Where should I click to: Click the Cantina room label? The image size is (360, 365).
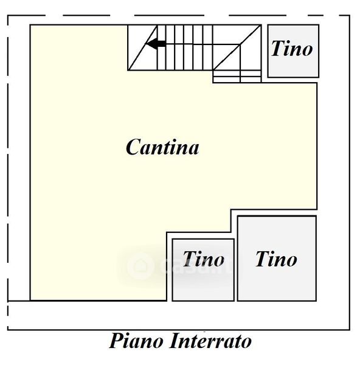pyautogui.click(x=162, y=147)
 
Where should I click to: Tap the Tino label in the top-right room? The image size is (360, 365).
pyautogui.click(x=292, y=49)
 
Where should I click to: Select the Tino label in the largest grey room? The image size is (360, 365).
pyautogui.click(x=276, y=259)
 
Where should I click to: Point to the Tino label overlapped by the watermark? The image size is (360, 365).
pyautogui.click(x=203, y=259)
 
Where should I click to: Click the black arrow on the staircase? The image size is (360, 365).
pyautogui.click(x=156, y=44)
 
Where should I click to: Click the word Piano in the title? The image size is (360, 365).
pyautogui.click(x=136, y=341)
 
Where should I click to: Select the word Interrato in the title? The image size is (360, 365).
pyautogui.click(x=211, y=341)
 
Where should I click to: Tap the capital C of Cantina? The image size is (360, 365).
pyautogui.click(x=134, y=147)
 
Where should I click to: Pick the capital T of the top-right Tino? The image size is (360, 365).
pyautogui.click(x=279, y=48)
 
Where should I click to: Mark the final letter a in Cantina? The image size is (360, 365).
pyautogui.click(x=193, y=149)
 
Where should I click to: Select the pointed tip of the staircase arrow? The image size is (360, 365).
pyautogui.click(x=146, y=44)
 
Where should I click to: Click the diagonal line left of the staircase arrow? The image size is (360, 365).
pyautogui.click(x=142, y=47)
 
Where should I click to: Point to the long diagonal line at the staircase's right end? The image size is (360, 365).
pyautogui.click(x=237, y=47)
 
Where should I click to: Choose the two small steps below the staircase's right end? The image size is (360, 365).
pyautogui.click(x=237, y=76)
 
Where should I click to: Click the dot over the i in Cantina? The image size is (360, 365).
pyautogui.click(x=172, y=140)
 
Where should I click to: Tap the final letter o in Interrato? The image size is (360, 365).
pyautogui.click(x=246, y=343)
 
